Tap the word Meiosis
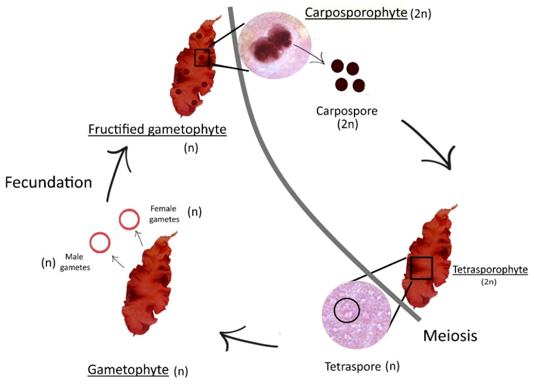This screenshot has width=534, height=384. click(x=449, y=336)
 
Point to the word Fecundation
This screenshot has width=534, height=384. click(x=48, y=182)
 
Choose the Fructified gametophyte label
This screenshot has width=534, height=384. click(x=157, y=130)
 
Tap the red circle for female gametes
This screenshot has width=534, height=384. click(x=129, y=219)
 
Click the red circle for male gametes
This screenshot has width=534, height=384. click(x=100, y=242)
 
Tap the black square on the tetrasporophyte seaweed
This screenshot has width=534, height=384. click(x=421, y=268)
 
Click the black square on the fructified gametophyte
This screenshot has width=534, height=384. click(x=202, y=57)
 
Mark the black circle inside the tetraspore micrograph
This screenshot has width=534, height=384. click(x=346, y=310)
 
